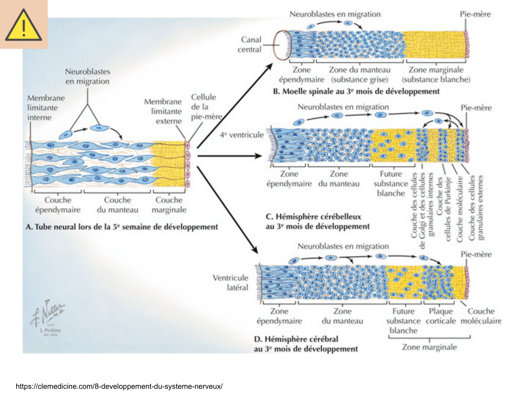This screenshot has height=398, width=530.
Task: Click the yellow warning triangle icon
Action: [23, 25]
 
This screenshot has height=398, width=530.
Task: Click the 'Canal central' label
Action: [250, 45]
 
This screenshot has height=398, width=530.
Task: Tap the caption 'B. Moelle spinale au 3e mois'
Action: [356, 91]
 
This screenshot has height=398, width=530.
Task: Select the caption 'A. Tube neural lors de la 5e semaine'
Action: [122, 227]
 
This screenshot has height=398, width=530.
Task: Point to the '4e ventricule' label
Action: [242, 135]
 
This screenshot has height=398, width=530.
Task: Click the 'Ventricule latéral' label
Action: [231, 282]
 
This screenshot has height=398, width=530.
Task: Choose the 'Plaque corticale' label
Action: [441, 316]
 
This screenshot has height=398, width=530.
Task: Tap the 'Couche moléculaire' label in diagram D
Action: [481, 316]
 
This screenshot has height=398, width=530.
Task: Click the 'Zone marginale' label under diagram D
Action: [429, 347]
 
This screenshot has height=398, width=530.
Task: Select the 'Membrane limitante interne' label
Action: [46, 108]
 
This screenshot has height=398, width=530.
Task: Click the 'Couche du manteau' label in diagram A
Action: [117, 205]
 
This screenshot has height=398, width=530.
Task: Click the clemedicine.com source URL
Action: [119, 386]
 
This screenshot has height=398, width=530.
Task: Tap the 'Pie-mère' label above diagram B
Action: [475, 14]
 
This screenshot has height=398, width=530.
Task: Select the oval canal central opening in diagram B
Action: [282, 45]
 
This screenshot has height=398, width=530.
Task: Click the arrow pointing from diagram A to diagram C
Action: [230, 156]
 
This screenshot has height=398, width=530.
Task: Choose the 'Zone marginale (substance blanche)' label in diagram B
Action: [436, 75]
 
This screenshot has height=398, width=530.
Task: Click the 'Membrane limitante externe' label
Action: [163, 111]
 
